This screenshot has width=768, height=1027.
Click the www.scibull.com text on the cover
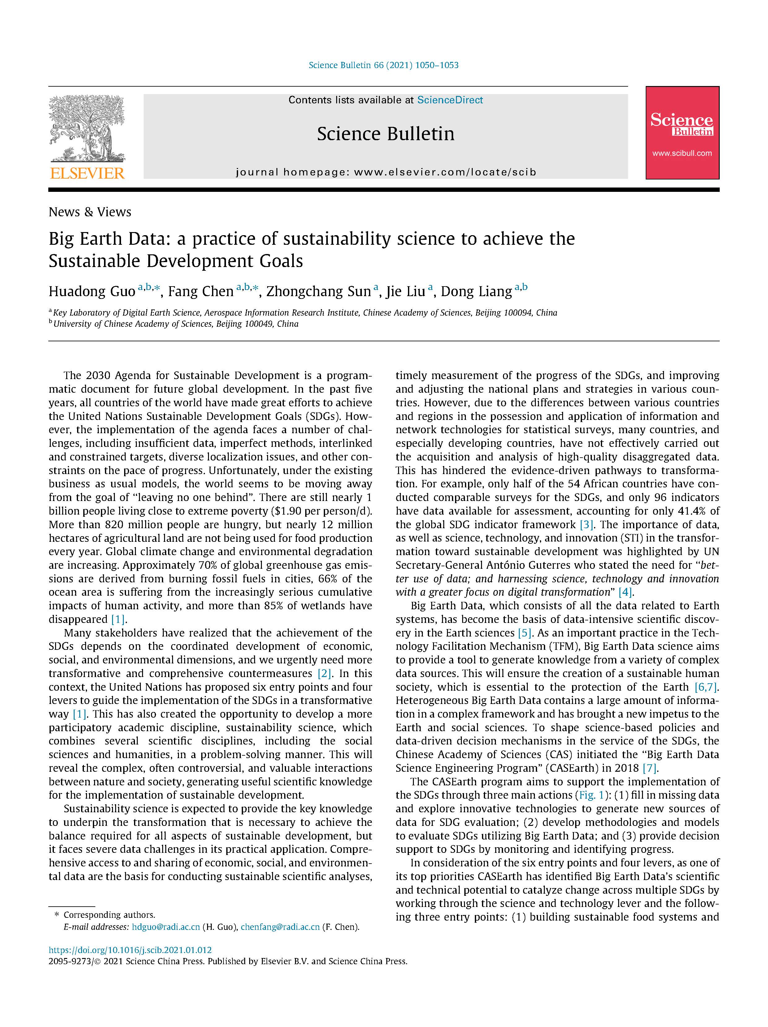pos(682,153)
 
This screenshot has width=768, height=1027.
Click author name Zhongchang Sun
pos(319,291)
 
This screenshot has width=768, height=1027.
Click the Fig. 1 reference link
pos(592,795)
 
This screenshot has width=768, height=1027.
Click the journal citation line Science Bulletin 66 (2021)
pos(384,65)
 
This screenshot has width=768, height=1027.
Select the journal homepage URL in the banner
pos(445,172)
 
